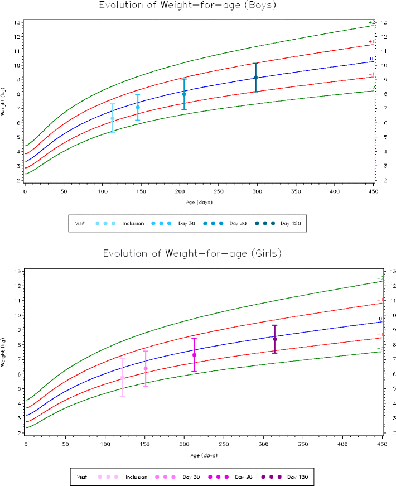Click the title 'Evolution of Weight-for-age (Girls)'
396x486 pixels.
(x=192, y=253)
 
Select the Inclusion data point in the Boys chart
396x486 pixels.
(x=113, y=118)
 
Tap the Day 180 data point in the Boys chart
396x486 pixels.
(x=255, y=78)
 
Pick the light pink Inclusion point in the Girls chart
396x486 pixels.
(x=122, y=378)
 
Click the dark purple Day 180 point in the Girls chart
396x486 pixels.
(x=275, y=339)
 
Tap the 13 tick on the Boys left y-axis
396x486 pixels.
(x=18, y=22)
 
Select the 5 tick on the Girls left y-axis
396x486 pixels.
(x=19, y=388)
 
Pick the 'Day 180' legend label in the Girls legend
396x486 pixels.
(x=298, y=477)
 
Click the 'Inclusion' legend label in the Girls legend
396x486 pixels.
(x=136, y=477)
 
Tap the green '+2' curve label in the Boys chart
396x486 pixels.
(x=371, y=22)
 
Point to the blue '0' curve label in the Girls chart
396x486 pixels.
(x=380, y=319)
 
